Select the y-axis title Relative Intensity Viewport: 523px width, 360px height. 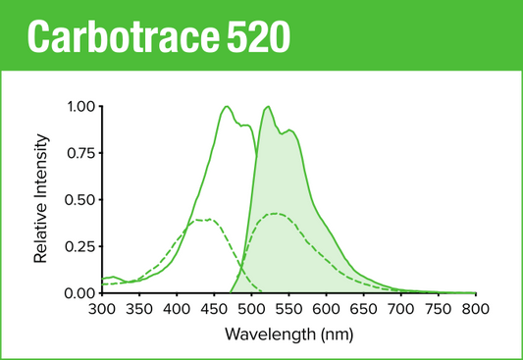coord(41,199)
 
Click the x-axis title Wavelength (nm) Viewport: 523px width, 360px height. coord(288,334)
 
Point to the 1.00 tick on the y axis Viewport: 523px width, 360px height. coord(80,106)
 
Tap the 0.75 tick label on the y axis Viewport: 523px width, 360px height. coord(80,153)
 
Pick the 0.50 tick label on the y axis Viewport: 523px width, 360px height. coord(80,199)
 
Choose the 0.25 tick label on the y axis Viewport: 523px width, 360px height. coord(80,246)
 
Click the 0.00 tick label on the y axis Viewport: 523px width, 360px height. coord(80,292)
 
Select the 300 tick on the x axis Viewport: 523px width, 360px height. coord(101,309)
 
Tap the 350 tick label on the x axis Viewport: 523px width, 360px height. coord(138,309)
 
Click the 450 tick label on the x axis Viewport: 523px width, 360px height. coord(213,309)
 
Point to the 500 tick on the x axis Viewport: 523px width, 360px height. coord(251,309)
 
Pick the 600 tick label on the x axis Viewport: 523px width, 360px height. coord(326,309)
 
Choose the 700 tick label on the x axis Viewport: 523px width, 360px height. coord(400,309)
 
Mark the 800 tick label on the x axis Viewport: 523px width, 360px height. coord(475,309)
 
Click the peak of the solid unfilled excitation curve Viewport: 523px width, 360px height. coord(227,106)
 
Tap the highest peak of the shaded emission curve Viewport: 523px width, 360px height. coord(267,106)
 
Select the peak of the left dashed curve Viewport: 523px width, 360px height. coord(203,220)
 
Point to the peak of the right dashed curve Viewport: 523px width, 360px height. coord(275,213)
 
